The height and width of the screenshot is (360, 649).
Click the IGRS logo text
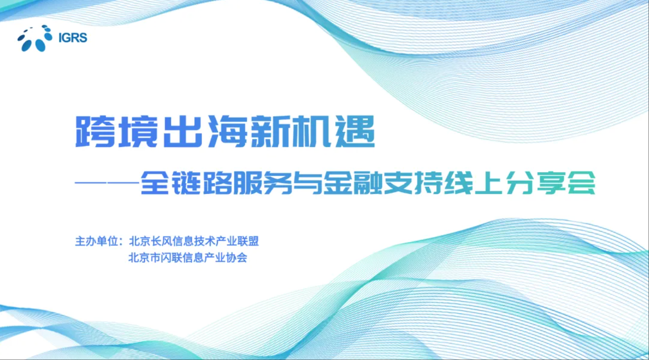coord(72,37)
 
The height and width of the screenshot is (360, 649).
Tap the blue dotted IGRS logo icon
coord(35,38)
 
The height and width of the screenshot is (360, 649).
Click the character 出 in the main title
coord(182,132)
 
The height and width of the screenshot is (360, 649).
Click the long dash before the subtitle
coord(107,183)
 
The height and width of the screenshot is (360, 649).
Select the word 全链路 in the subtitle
coord(186,183)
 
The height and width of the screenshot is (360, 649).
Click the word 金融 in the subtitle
coord(353,183)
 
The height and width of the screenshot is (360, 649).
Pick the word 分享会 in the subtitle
coord(551,183)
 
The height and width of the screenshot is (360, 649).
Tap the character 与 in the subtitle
coord(308,183)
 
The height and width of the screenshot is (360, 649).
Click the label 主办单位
coord(96,241)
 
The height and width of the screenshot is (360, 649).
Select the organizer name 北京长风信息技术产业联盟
coord(194,241)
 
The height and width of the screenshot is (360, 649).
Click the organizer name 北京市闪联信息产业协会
coord(188,257)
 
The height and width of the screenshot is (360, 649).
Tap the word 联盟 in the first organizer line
coord(248,241)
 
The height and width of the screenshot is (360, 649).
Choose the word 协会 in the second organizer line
coord(237,257)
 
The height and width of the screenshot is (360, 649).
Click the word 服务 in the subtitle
coord(262,183)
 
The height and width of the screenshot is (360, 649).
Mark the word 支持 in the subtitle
coord(413,183)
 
